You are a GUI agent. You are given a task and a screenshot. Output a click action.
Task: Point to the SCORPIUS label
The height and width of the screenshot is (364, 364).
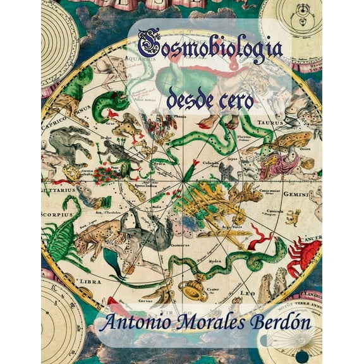pos(56,215)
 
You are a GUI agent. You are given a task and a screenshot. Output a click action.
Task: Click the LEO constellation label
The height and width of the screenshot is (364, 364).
pos(248,293)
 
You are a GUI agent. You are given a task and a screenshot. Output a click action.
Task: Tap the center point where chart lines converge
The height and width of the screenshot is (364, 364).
pos(183,183)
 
